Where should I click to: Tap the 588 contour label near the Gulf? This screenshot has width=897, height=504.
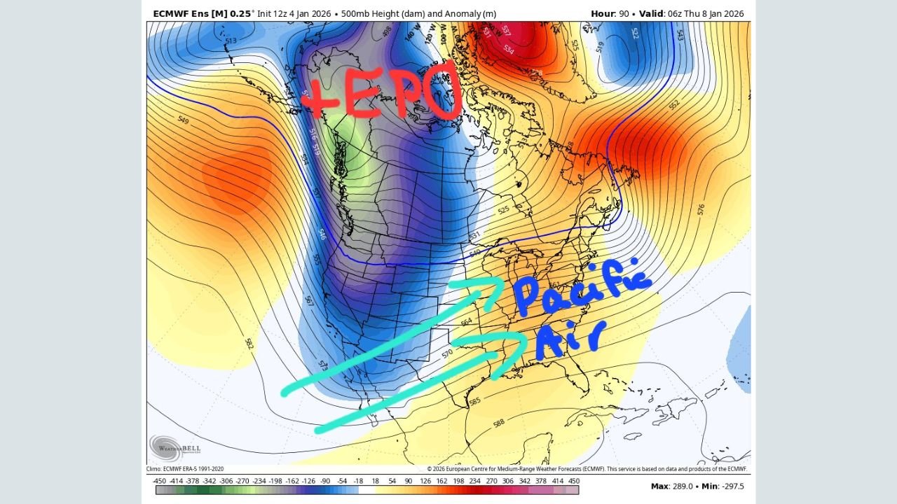(x=499, y=423)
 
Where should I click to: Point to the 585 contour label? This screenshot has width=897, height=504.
(x=474, y=402)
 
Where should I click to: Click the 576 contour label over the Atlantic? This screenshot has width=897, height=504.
(x=701, y=209)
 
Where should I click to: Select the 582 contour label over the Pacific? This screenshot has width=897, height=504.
(x=249, y=344)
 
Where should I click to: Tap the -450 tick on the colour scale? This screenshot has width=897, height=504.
(x=160, y=482)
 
